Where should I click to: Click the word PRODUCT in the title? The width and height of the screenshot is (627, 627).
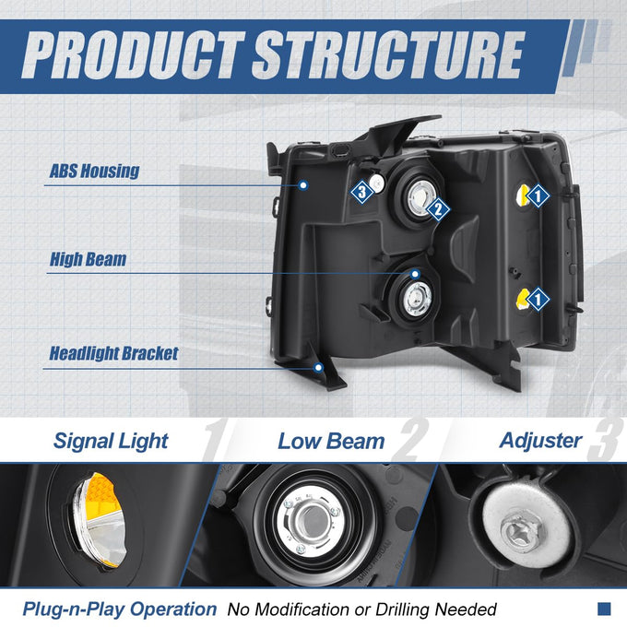pos(133,54)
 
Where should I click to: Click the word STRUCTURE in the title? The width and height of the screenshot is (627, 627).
pos(388,54)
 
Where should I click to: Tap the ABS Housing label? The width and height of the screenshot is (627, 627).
pos(94,172)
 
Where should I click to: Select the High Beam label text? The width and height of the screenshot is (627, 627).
pos(88,259)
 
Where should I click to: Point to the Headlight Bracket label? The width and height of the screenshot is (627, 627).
pos(113,353)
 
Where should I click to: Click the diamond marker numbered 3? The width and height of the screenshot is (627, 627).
pos(361,192)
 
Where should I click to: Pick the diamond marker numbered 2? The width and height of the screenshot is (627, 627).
pos(438,209)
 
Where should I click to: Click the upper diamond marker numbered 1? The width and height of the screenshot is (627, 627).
pos(538,195)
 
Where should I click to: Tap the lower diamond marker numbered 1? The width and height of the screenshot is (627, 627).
pos(538,299)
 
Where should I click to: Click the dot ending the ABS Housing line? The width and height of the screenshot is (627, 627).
pos(303,185)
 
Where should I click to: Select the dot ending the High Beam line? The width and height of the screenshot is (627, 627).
pos(415,274)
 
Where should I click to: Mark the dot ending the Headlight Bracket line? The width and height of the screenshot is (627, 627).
pos(318,368)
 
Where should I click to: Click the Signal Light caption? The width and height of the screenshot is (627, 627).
pos(111,442)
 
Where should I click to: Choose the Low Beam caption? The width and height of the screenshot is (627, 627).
pos(331,442)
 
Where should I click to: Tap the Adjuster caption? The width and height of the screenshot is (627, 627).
pos(540,441)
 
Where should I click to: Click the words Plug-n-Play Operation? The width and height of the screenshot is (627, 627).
pos(120,609)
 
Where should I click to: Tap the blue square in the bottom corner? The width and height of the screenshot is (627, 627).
pos(604,609)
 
